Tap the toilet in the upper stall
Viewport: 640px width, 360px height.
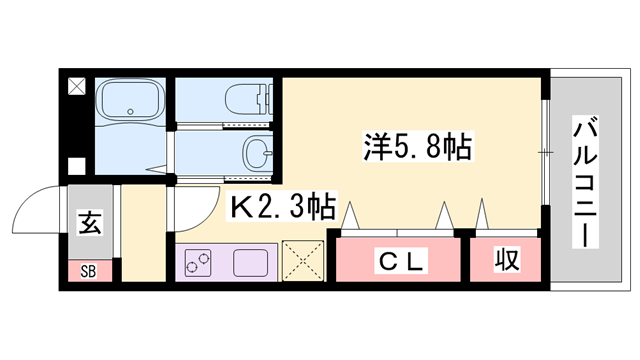click(244, 100)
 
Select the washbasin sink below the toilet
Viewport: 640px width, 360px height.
click(254, 153)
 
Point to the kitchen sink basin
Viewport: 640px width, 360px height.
click(252, 263)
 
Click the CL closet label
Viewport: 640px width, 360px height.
click(401, 262)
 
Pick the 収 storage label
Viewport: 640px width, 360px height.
click(506, 262)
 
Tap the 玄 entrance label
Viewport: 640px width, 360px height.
click(90, 222)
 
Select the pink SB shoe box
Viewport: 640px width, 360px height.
click(90, 270)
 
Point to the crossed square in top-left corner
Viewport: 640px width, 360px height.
click(77, 85)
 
